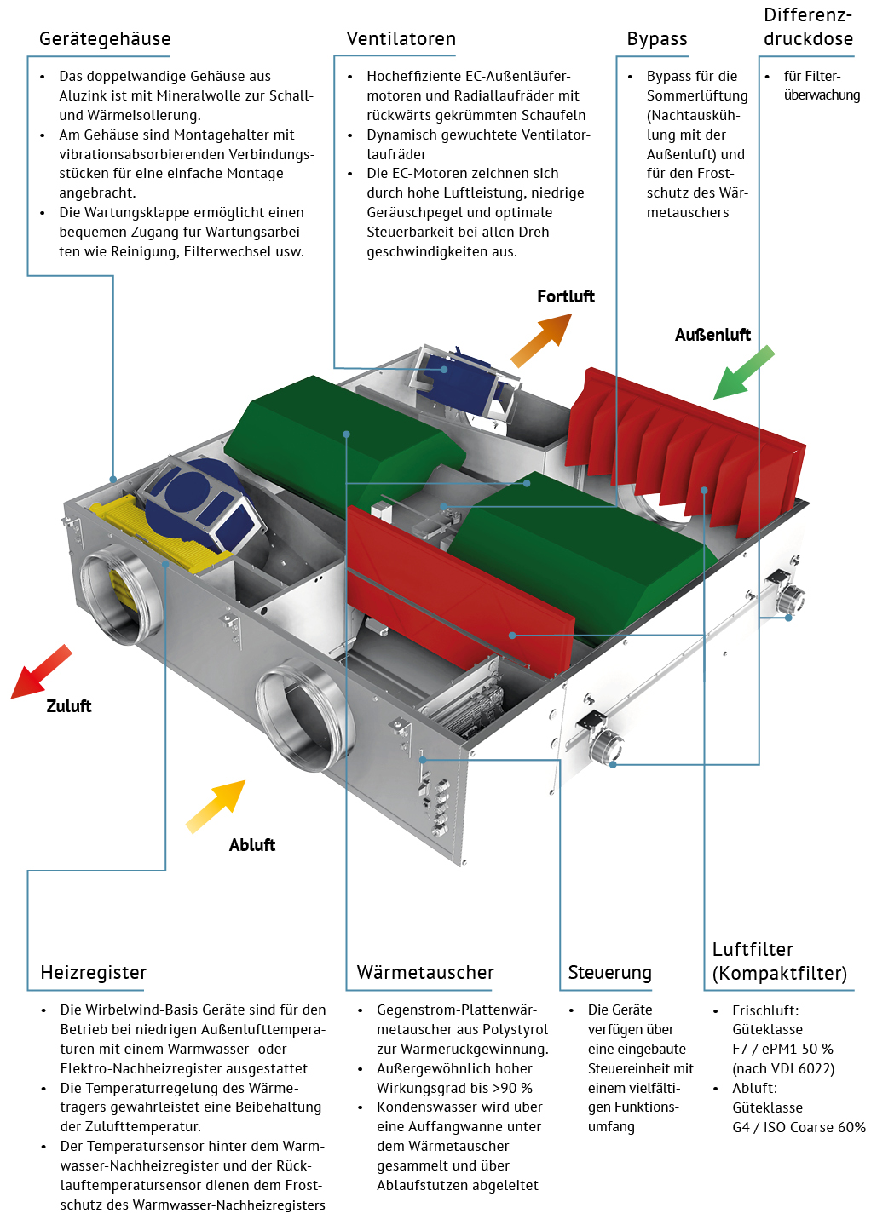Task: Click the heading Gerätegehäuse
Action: [x=105, y=39]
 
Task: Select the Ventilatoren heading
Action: [x=401, y=39]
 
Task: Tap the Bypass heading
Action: [x=656, y=39]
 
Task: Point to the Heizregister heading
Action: [x=93, y=973]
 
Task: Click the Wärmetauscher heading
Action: [x=424, y=973]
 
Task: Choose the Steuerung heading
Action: [x=609, y=973]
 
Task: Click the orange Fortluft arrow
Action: [x=541, y=340]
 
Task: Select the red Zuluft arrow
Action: [x=40, y=672]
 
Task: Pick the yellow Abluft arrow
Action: [x=216, y=806]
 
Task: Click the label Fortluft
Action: [x=565, y=296]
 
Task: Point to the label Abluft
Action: [x=251, y=845]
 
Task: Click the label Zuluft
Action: [x=68, y=706]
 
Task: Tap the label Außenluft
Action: [x=712, y=335]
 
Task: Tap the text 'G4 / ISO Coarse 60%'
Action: [x=799, y=1127]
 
